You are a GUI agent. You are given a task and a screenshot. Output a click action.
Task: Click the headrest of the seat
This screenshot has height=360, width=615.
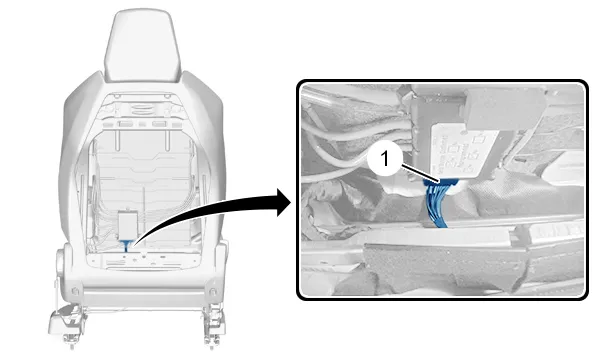tap(142, 46)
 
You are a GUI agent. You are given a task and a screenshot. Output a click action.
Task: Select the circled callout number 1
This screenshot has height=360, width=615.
tap(385, 159)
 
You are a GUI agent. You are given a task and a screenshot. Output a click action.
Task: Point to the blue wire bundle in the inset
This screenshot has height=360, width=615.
tap(436, 205)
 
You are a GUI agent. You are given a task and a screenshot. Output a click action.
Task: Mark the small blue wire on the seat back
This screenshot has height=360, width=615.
tap(126, 246)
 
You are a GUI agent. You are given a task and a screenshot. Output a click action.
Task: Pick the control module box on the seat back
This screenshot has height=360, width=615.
tap(128, 225)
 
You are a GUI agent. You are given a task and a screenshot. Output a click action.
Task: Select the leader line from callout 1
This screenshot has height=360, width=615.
tap(420, 174)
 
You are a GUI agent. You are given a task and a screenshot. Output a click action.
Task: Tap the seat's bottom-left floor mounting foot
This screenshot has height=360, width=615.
tap(65, 324)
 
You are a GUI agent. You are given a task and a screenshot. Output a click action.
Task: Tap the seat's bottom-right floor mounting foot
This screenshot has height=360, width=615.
tap(214, 325)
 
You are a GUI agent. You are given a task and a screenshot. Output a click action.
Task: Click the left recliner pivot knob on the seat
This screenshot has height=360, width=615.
tap(61, 260)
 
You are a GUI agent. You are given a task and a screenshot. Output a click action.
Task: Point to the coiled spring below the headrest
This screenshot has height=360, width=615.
tap(144, 107)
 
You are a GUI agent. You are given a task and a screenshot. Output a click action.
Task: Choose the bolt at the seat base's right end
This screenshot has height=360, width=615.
tap(213, 292)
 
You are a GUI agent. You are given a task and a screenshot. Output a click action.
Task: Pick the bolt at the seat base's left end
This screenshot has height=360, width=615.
tap(75, 291)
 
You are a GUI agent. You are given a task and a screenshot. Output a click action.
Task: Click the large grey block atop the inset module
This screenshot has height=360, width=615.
tap(505, 107)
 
